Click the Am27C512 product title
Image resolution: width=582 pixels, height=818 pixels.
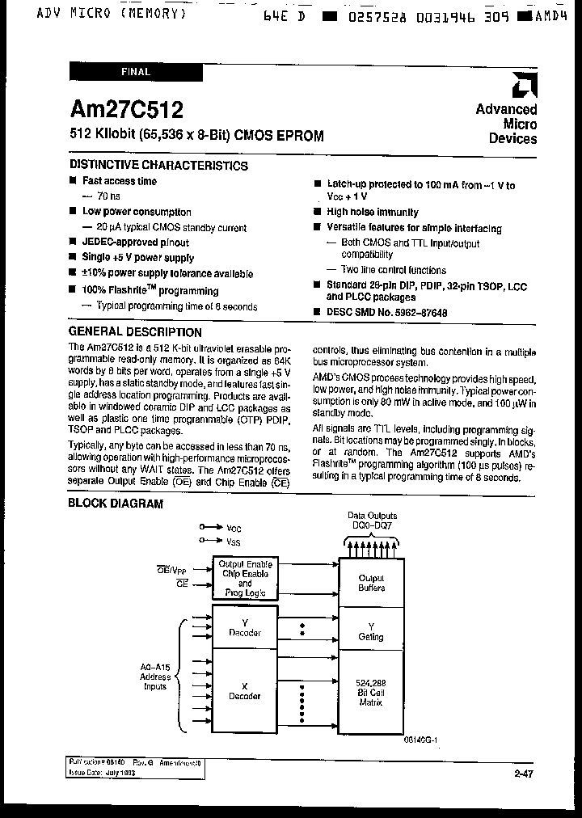126,109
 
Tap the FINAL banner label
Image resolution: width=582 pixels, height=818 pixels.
136,72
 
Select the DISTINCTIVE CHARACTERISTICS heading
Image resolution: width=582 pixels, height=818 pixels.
158,166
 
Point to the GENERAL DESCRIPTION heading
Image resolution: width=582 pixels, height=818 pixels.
135,332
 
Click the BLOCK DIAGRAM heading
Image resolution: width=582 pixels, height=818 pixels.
116,504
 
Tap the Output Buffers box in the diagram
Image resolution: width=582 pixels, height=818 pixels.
371,583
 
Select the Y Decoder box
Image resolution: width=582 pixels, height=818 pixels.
245,627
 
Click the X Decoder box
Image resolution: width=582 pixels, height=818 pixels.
245,691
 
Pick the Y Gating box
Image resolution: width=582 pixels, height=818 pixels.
371,631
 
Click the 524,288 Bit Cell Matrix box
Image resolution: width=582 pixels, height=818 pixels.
371,693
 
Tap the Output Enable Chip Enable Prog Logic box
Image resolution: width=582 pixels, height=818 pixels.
245,578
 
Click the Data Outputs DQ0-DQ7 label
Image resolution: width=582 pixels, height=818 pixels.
372,520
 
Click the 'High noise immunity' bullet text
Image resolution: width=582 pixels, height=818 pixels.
373,213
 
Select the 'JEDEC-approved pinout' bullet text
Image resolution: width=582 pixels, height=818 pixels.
136,242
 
